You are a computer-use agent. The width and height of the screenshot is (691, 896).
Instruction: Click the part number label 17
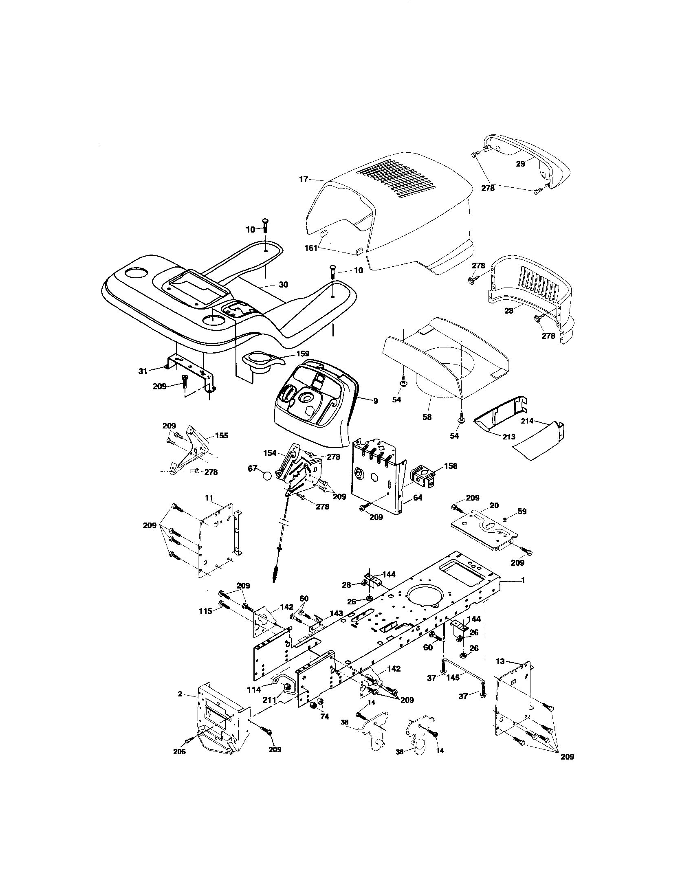tap(303, 179)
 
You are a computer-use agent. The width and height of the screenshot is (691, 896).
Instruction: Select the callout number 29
tap(520, 164)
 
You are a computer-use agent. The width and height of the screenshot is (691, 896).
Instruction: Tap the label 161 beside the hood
tap(310, 248)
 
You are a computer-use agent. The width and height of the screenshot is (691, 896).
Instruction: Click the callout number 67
tap(252, 468)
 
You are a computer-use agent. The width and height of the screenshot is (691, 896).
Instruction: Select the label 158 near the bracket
tap(450, 466)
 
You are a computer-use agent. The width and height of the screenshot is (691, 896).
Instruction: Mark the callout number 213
tap(509, 437)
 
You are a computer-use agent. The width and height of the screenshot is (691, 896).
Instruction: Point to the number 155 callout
tap(221, 436)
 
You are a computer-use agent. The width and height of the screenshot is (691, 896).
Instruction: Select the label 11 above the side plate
tap(209, 497)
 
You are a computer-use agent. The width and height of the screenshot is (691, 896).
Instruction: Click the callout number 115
tap(205, 623)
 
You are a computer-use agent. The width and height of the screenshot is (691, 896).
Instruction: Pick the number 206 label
tap(179, 751)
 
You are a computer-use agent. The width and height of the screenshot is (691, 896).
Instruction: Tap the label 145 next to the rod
tap(453, 678)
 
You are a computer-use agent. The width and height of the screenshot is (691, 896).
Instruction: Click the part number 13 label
tap(500, 661)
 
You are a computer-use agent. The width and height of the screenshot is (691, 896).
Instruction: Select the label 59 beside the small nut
tap(522, 511)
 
